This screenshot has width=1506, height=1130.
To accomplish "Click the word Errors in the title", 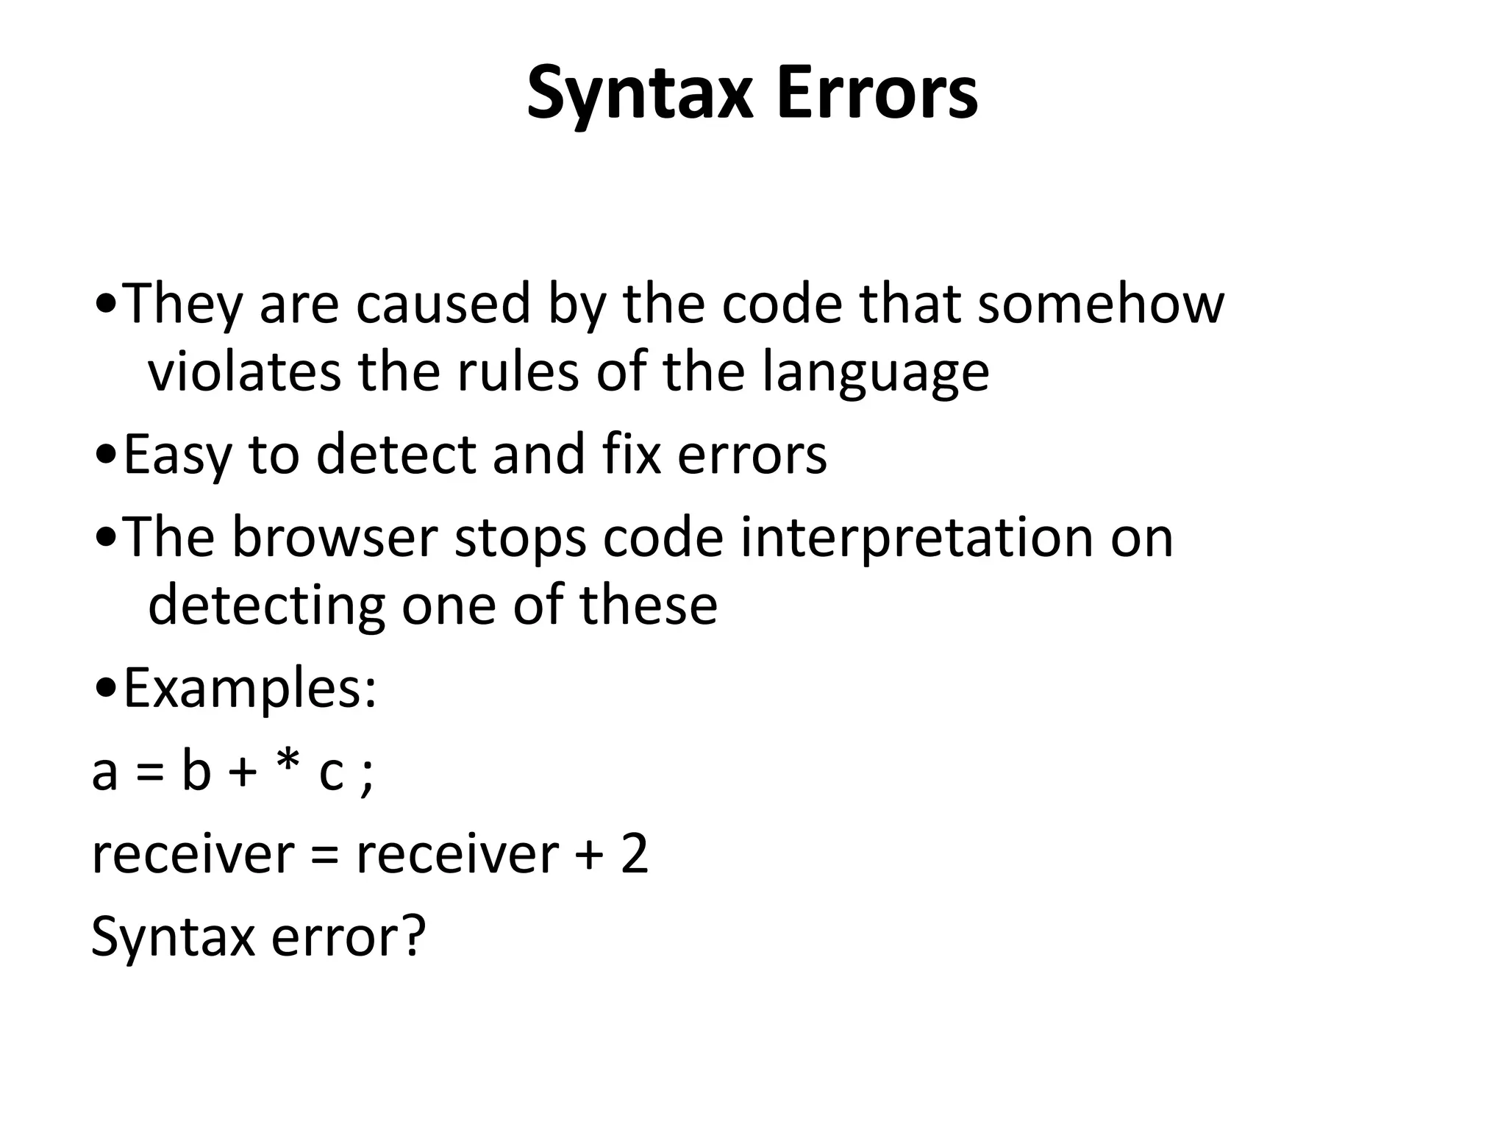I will tap(877, 93).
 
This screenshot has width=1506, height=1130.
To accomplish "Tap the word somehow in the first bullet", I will tap(1100, 303).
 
